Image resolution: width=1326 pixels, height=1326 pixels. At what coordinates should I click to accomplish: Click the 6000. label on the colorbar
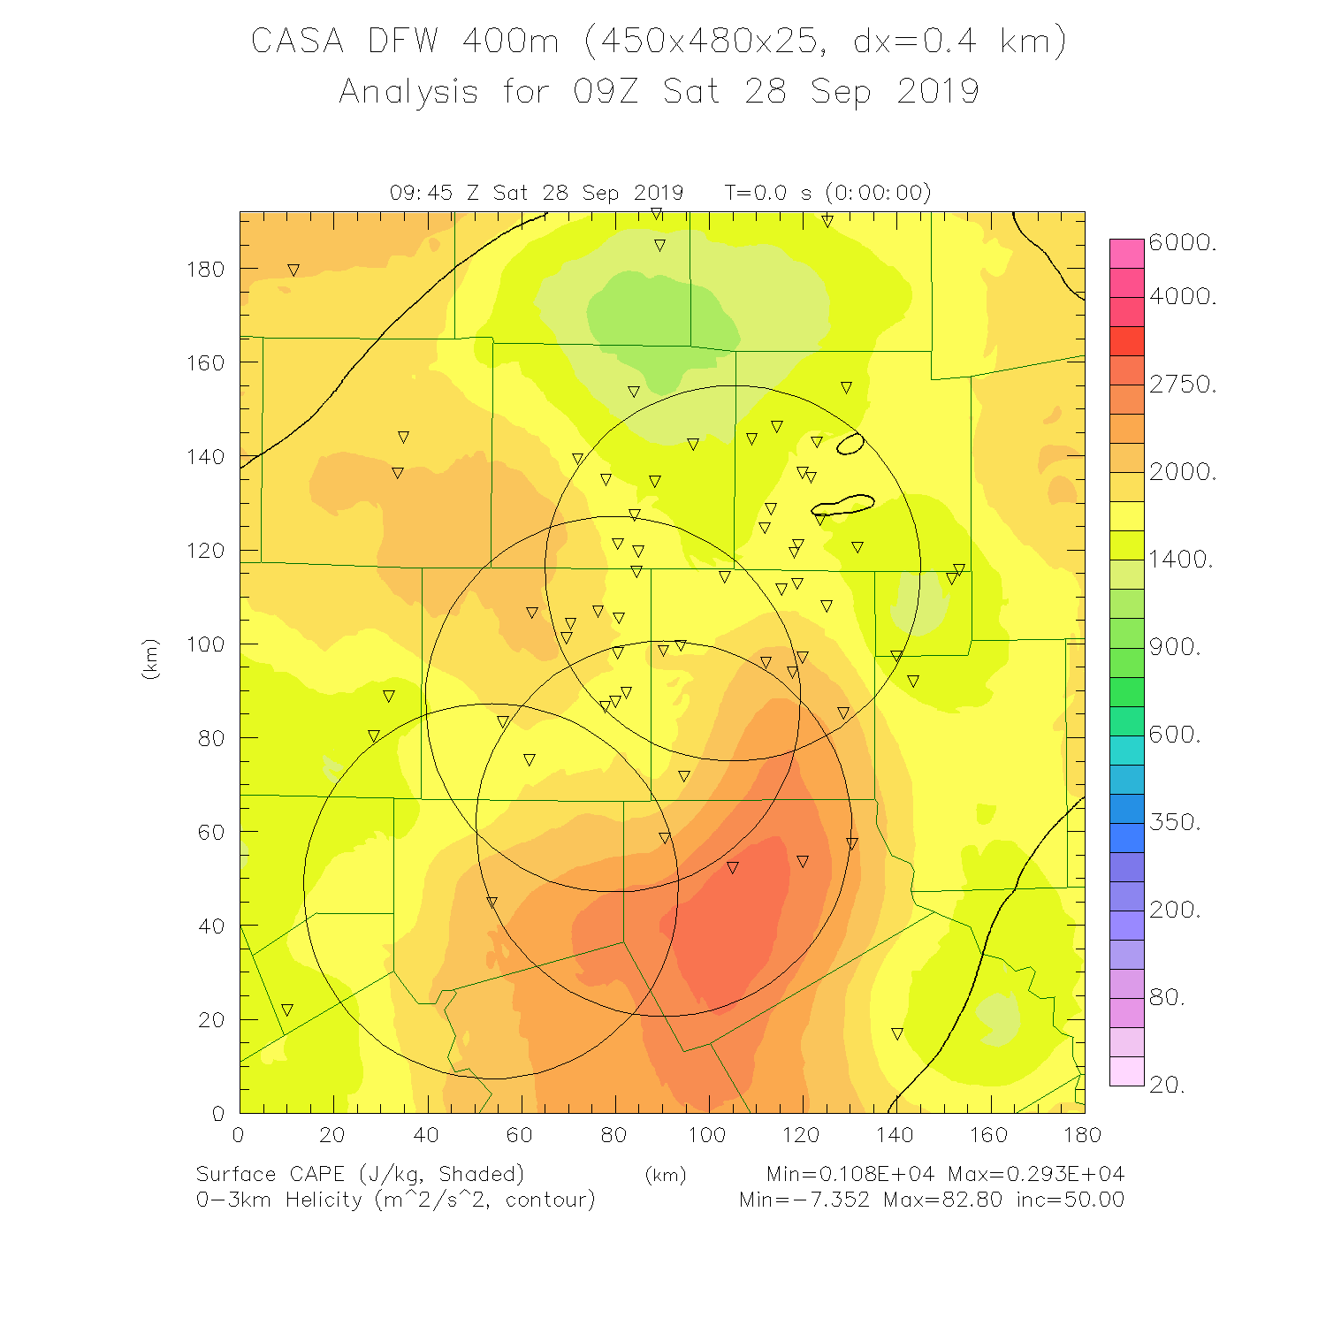tap(1183, 243)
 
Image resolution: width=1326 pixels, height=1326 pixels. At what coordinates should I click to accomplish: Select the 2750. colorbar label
tap(1183, 385)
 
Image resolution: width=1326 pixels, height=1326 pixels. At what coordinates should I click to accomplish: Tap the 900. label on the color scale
tap(1175, 647)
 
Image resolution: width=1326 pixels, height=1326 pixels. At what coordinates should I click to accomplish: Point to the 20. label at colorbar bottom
tap(1167, 1085)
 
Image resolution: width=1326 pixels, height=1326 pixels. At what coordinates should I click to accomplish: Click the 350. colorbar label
tap(1175, 822)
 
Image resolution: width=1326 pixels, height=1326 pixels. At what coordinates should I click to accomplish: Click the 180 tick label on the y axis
tap(205, 270)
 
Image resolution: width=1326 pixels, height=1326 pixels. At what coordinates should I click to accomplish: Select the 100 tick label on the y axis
tap(205, 644)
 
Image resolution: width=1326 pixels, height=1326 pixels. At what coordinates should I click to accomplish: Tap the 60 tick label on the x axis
tap(520, 1135)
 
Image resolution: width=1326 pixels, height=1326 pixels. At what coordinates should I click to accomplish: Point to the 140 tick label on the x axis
tap(895, 1135)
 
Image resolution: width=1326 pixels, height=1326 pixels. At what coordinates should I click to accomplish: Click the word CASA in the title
tap(297, 42)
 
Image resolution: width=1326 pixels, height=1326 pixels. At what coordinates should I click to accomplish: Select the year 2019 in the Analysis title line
tap(938, 92)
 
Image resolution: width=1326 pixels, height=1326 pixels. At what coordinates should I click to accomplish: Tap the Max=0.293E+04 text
tap(1036, 1175)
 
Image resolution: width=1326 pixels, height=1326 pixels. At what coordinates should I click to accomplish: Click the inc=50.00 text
tap(1070, 1200)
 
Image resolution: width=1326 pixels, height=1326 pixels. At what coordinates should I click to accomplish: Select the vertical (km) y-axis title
tap(150, 659)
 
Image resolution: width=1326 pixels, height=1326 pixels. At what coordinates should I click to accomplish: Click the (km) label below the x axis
tap(665, 1175)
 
